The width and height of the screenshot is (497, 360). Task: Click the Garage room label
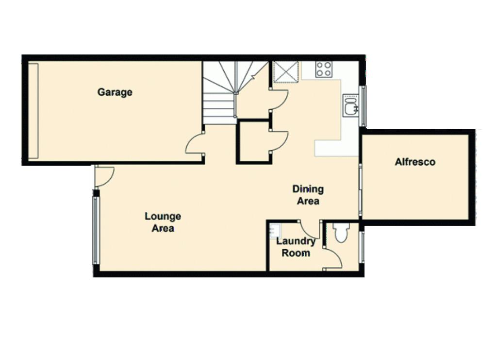click(x=115, y=92)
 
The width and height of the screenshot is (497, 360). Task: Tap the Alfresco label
click(x=415, y=162)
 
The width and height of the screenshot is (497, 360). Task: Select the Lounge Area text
click(x=163, y=223)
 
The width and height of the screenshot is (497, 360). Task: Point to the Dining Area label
click(x=308, y=195)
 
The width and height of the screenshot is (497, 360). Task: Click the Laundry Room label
click(x=296, y=247)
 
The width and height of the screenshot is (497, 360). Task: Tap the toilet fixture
click(x=341, y=233)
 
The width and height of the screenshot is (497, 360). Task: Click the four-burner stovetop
click(x=324, y=69)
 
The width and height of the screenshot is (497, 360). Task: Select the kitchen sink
click(x=351, y=105)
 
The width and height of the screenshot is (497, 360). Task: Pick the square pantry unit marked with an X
click(x=286, y=72)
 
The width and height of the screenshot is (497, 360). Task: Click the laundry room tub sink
click(x=275, y=231)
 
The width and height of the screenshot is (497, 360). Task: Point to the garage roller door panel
click(x=33, y=111)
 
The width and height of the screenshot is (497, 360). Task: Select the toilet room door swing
click(x=333, y=259)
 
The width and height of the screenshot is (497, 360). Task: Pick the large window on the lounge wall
click(x=97, y=231)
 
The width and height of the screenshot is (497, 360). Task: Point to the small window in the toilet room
click(x=362, y=247)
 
